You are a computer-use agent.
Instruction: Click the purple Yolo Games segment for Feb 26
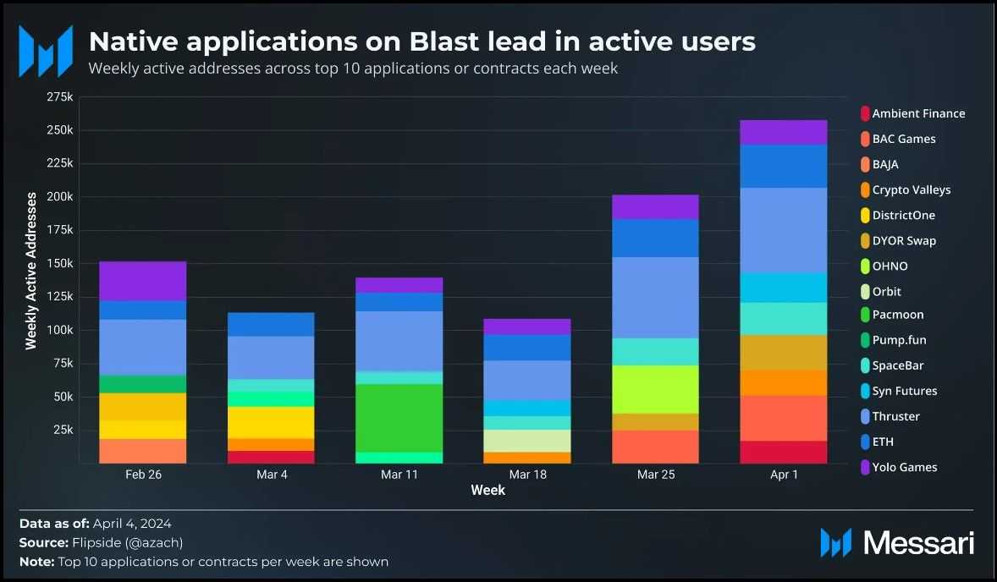click(143, 281)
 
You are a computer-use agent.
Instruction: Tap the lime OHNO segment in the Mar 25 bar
click(656, 389)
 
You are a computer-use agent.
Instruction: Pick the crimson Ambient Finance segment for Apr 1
click(784, 452)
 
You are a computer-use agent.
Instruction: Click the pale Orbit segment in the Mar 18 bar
click(528, 441)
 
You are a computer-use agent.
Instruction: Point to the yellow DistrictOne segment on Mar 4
click(272, 422)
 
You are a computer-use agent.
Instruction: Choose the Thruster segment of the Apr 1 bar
click(784, 230)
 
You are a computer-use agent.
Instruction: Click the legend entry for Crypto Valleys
click(911, 189)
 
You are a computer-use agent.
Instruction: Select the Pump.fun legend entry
click(900, 340)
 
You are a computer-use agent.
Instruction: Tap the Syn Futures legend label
click(904, 391)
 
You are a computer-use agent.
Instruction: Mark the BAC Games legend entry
click(903, 139)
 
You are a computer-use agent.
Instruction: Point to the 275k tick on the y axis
click(59, 97)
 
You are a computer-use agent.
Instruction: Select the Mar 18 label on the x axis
click(528, 475)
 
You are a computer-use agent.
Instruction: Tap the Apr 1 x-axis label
click(784, 475)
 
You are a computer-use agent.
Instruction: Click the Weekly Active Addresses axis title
click(31, 270)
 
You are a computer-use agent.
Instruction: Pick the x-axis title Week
click(487, 491)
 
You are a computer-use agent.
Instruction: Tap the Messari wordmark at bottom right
click(917, 543)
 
